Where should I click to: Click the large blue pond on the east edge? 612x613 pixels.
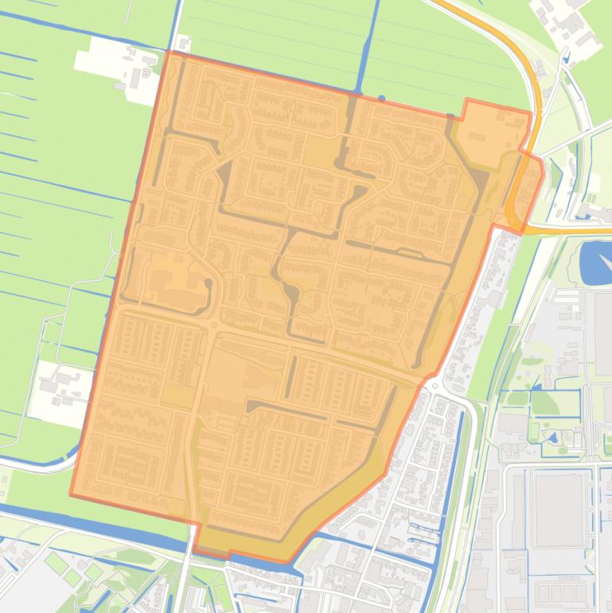point(595,262)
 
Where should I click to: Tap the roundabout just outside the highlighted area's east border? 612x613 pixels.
point(435,385)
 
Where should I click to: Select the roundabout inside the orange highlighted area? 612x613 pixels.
point(213,325)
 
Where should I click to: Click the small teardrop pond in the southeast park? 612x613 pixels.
point(552,438)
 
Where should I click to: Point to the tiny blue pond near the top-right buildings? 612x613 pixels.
point(566,57)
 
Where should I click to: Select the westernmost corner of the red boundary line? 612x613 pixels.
point(71,494)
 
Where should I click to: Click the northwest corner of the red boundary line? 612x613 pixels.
point(168,52)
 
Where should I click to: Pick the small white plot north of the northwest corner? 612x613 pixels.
point(184,44)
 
